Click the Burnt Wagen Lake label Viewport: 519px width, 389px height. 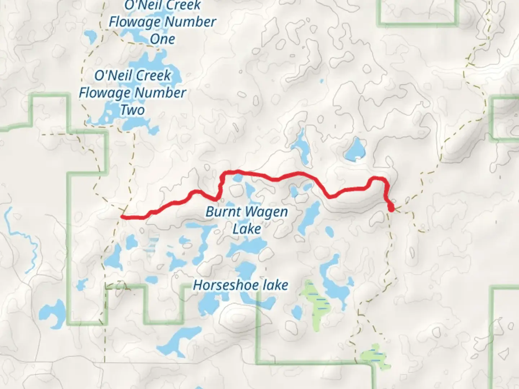pos(247,220)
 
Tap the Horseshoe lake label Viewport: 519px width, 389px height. pos(241,285)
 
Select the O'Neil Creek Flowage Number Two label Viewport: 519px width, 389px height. pos(133,93)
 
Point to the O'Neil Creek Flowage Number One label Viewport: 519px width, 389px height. pos(162,22)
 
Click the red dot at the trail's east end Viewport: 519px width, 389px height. pos(391,208)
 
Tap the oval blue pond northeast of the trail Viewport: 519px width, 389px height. pos(355,149)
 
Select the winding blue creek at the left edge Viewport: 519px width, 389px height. pos(25,238)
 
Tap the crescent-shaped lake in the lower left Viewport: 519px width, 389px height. pos(50,315)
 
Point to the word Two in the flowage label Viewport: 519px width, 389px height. pos(133,110)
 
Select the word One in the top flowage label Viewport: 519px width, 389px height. pos(162,39)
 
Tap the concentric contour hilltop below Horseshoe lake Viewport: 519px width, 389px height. pos(236,317)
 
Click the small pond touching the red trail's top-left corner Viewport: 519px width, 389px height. pos(238,178)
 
